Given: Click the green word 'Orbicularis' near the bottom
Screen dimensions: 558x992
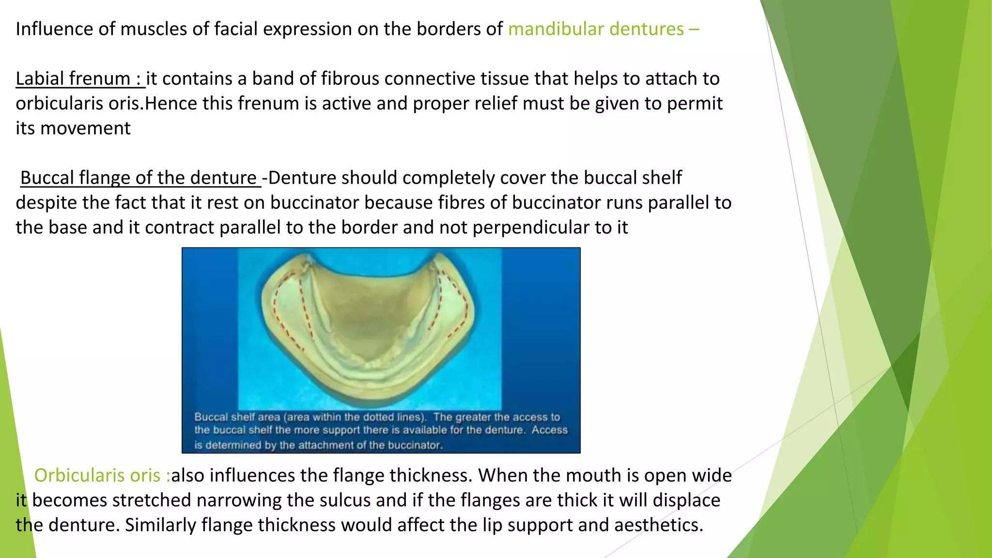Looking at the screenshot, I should coord(97,476).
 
